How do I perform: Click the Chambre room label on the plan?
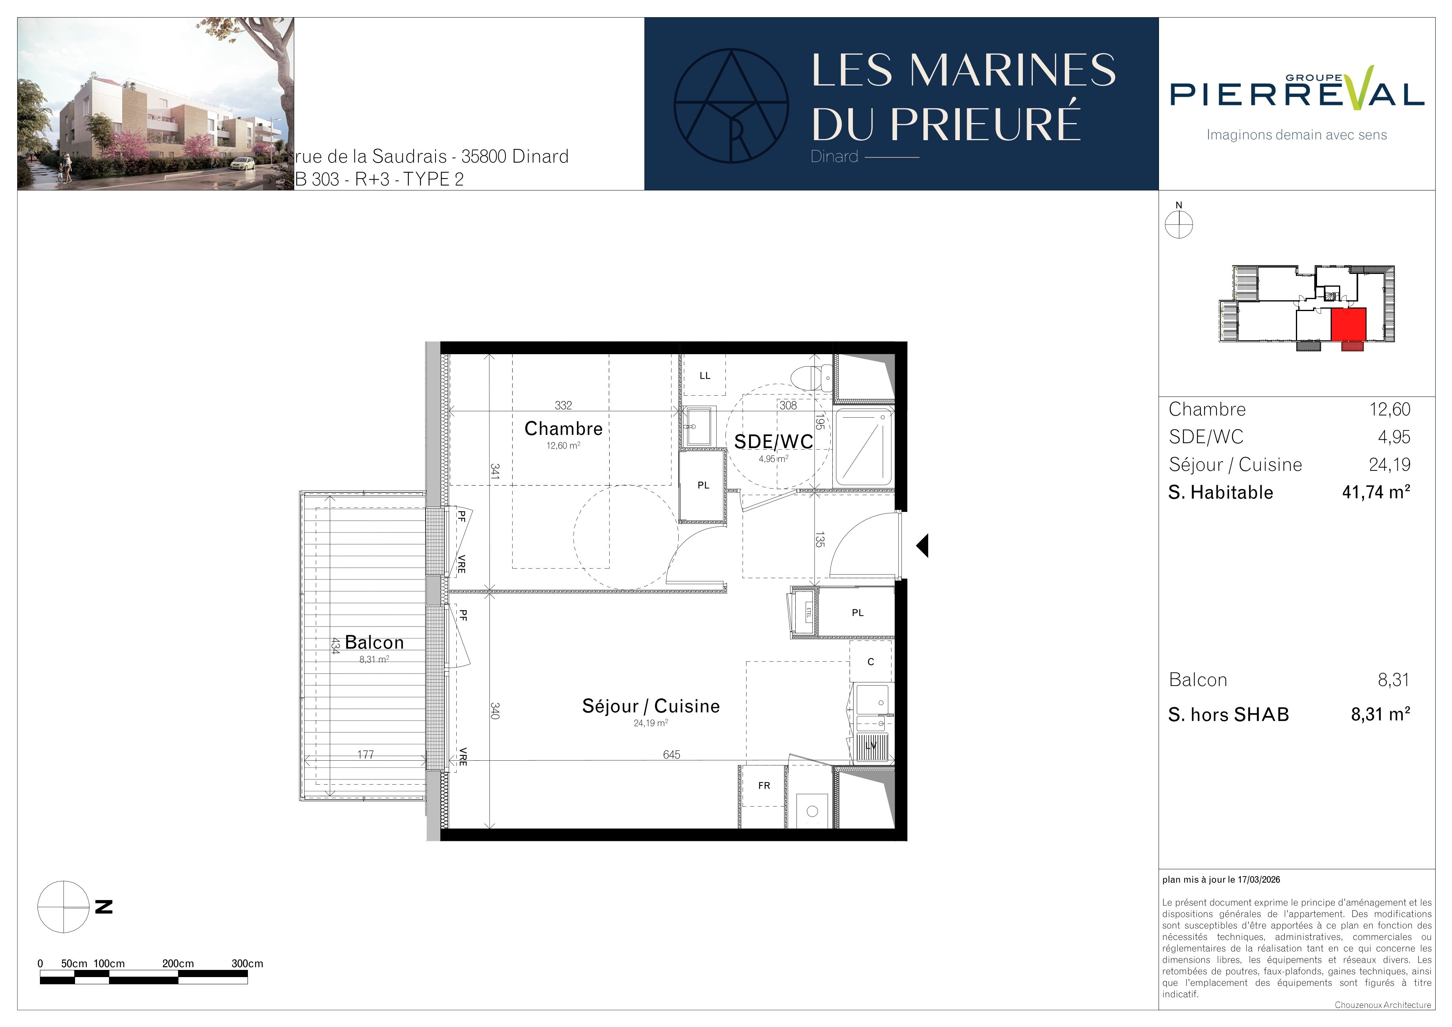point(563,429)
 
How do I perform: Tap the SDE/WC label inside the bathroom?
point(773,441)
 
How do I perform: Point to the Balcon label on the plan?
point(374,642)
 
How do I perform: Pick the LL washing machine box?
point(705,376)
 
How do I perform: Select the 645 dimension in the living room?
point(672,754)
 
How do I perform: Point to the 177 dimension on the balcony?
point(366,754)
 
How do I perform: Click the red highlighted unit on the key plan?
point(1348,324)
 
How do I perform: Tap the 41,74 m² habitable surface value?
point(1376,492)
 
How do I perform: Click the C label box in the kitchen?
point(871,662)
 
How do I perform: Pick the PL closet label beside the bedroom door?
point(703,486)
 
